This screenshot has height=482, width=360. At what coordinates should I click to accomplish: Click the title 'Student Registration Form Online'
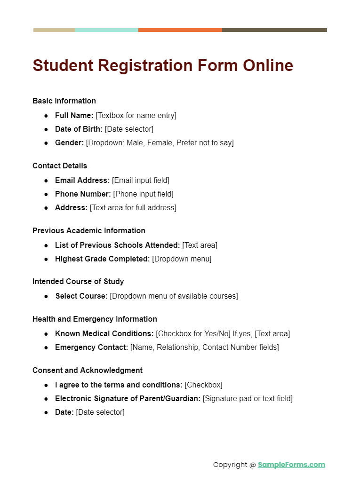coord(163,65)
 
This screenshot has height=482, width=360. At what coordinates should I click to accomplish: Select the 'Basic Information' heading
coord(64,101)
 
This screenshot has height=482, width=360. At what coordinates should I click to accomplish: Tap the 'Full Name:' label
coord(74,115)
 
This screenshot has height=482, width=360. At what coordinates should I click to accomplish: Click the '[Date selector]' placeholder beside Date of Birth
coord(129,129)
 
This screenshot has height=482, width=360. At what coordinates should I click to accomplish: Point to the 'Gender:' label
coord(69,142)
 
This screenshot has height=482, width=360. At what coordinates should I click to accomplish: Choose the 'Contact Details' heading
coord(60,166)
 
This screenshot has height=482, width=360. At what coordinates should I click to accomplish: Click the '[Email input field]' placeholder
coord(140,180)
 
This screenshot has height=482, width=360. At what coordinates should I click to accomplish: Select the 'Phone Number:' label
coord(83,194)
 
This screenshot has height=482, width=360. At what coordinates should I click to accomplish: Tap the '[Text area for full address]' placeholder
coord(133,207)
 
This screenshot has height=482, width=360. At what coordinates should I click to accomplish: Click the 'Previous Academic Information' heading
coord(89,230)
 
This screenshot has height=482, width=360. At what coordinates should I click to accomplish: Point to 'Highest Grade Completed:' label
coord(102,259)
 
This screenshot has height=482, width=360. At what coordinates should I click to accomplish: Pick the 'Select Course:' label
coord(81,296)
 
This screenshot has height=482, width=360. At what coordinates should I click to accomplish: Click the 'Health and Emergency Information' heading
coord(95,319)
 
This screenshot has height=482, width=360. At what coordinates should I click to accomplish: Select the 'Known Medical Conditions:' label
coord(104,333)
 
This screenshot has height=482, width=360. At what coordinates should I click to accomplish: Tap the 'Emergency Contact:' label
coord(91,347)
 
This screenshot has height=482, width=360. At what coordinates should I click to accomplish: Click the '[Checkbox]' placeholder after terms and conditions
coord(203,385)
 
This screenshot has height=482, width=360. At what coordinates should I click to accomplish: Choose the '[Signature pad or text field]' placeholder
coord(248,398)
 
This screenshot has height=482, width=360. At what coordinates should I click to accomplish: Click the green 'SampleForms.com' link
coord(291,465)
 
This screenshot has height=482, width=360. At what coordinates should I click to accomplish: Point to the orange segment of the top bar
coord(180,30)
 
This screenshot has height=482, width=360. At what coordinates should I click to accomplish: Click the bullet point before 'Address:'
coord(46,208)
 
